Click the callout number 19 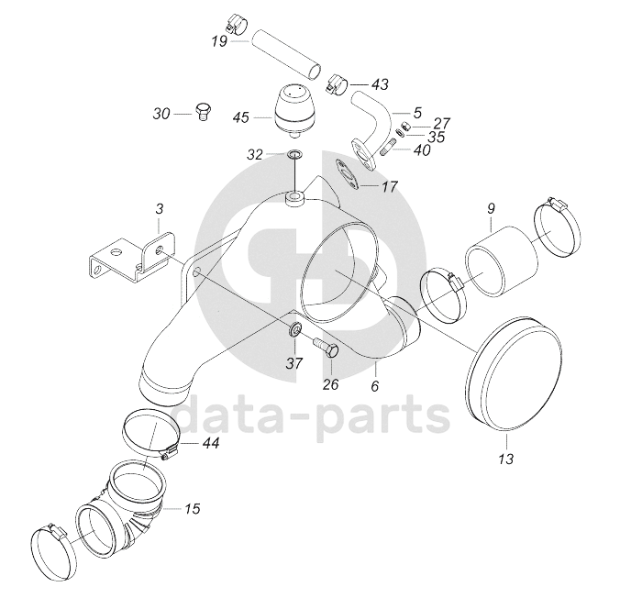tap(219, 40)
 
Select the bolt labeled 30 tap(204, 112)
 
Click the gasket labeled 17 tap(348, 175)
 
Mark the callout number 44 tap(211, 443)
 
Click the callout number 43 tap(380, 84)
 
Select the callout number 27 tap(442, 124)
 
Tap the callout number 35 tap(437, 137)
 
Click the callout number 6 tap(375, 385)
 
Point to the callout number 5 tap(418, 113)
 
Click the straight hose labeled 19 tap(286, 54)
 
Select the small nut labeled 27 tap(405, 127)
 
